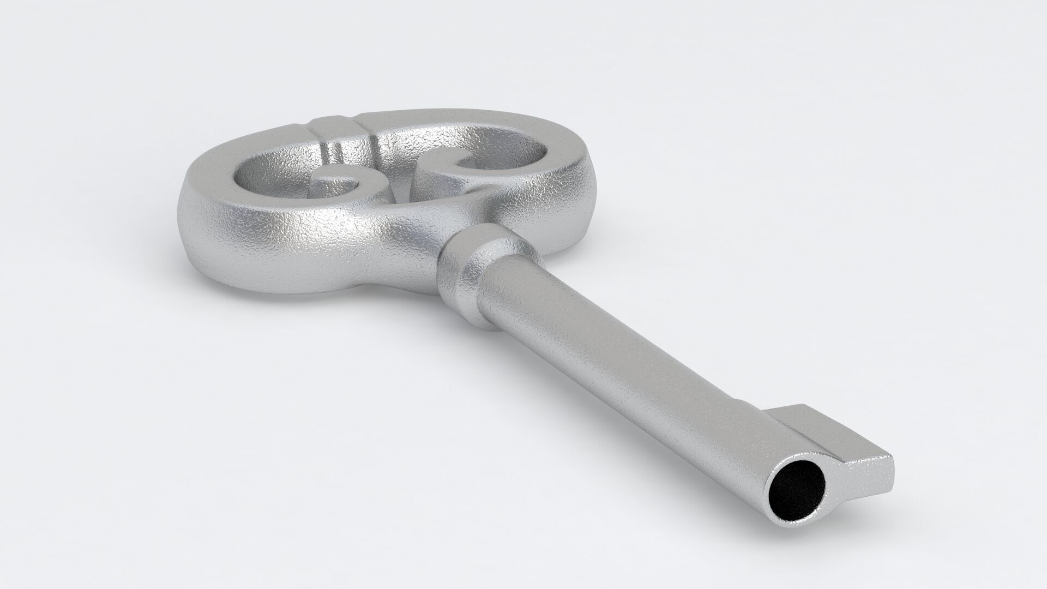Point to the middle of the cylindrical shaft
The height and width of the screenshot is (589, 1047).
(627, 354)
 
